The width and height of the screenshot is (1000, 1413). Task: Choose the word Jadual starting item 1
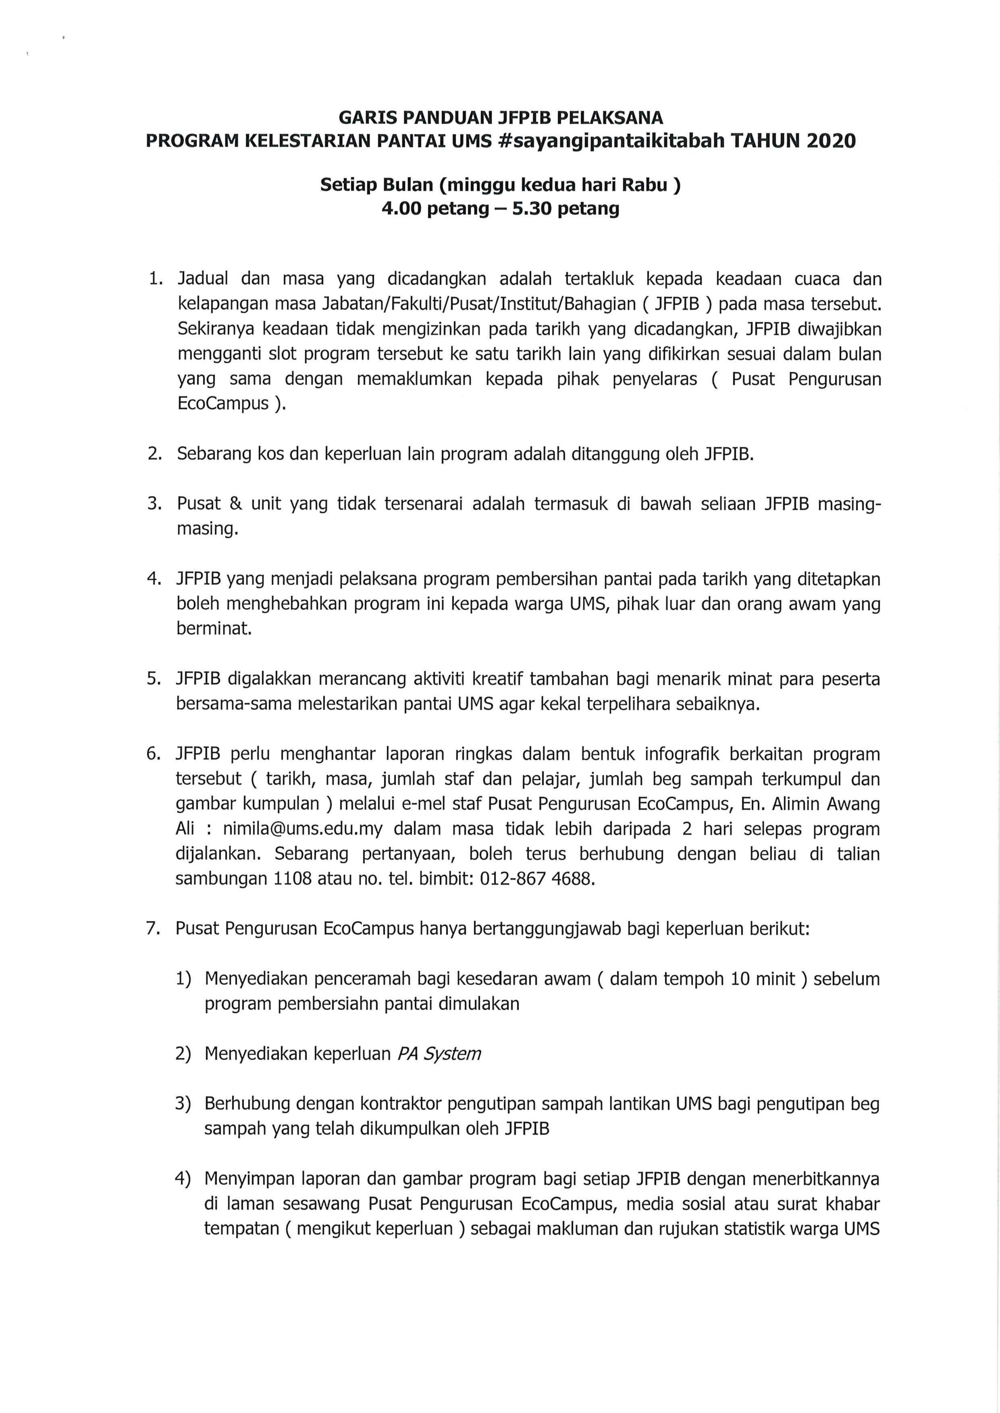coord(203,279)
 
